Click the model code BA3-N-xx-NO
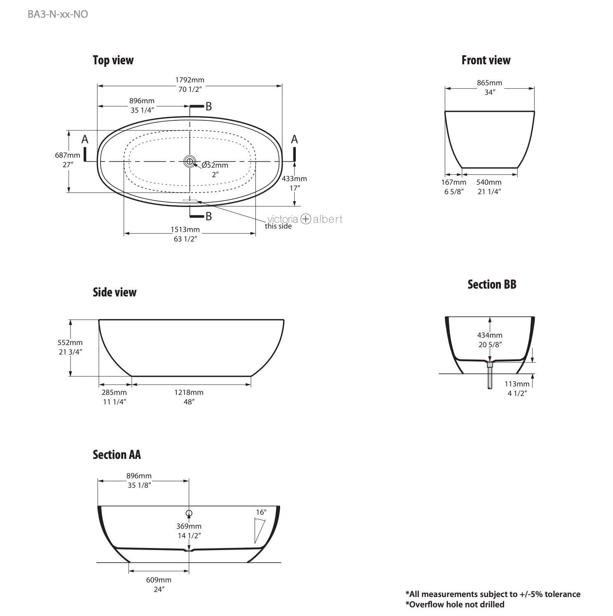[x=58, y=14]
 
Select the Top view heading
[x=113, y=60]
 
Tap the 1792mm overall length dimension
[x=190, y=80]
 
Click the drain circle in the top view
[x=190, y=161]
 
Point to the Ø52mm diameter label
[x=215, y=165]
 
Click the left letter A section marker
[x=85, y=140]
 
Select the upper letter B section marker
[x=208, y=106]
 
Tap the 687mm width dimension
[x=68, y=155]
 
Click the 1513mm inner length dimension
[x=185, y=230]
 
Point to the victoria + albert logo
[x=305, y=219]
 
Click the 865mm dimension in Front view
[x=489, y=83]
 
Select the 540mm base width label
[x=489, y=182]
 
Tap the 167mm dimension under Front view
[x=454, y=182]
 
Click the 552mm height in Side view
[x=70, y=343]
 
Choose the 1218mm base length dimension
[x=189, y=393]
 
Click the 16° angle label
[x=261, y=513]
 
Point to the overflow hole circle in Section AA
[x=189, y=513]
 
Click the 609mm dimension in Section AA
[x=159, y=580]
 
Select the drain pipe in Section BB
[x=490, y=377]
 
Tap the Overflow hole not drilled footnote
[x=455, y=604]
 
